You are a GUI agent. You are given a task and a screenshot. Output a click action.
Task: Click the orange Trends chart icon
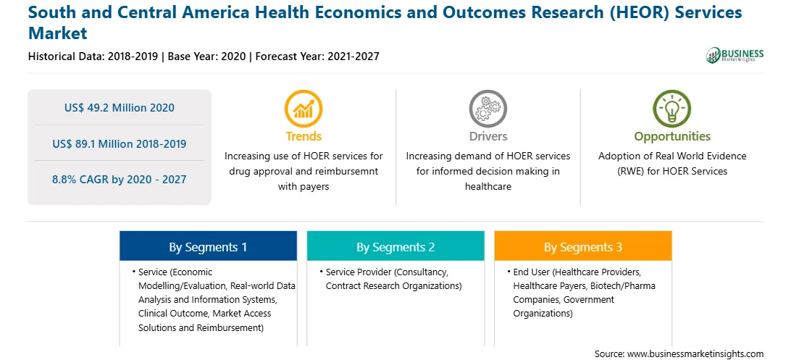304,108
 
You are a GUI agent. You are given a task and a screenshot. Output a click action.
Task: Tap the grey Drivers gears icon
487,108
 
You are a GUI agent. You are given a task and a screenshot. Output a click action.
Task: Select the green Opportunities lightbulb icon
672,108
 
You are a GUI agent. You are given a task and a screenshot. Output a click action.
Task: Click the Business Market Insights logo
735,55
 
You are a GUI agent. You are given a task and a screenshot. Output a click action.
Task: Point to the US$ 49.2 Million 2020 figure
119,107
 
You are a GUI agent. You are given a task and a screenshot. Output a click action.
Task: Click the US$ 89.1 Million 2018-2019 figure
119,143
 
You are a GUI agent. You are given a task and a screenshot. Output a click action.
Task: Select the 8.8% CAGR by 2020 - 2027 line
119,179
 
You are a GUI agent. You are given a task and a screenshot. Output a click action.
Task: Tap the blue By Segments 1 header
208,246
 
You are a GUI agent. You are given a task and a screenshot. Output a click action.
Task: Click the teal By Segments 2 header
395,246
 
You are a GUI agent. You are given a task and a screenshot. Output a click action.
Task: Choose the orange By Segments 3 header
582,246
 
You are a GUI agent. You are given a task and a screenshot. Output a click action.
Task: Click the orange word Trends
304,136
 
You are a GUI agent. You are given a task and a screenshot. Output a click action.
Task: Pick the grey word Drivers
487,136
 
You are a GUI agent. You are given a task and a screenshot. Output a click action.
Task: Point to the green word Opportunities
672,136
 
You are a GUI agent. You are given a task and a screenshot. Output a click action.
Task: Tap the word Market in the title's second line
58,33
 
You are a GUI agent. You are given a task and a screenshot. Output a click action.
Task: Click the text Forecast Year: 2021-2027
317,56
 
